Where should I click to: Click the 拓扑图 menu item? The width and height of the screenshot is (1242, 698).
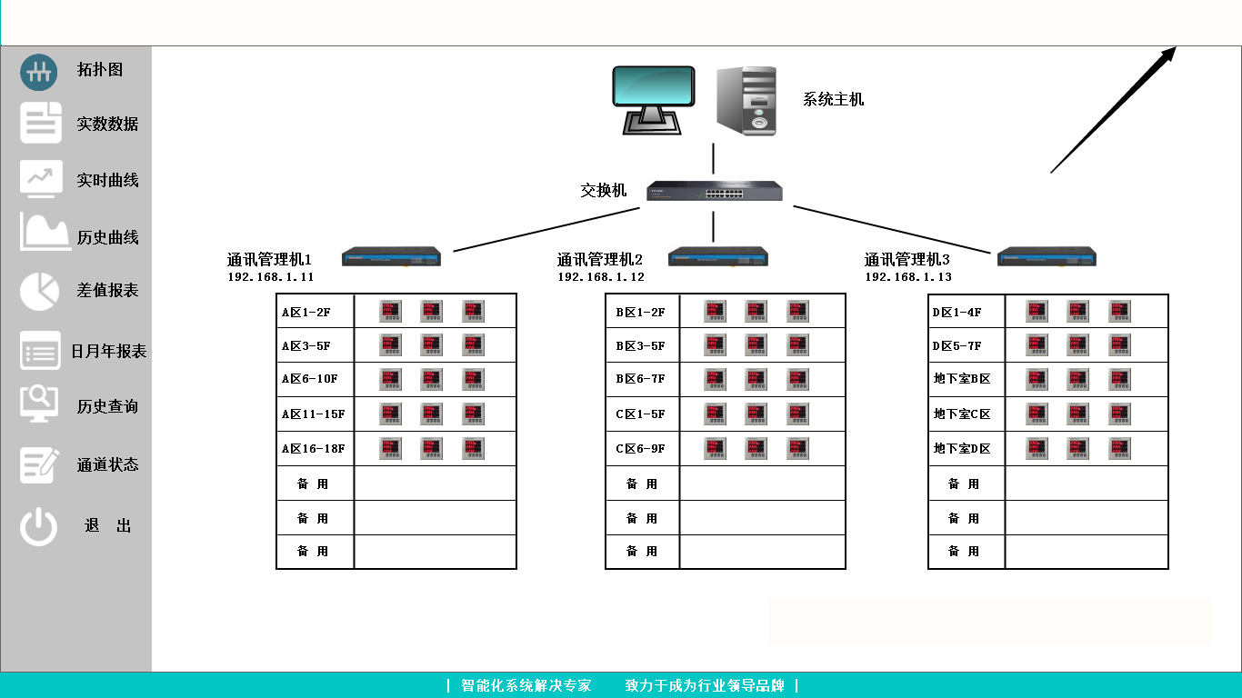tap(100, 70)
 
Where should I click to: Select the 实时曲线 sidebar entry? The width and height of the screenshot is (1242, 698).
tap(107, 180)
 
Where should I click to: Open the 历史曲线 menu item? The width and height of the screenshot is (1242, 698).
tap(107, 237)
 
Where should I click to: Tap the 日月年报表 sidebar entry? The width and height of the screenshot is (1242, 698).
tap(109, 351)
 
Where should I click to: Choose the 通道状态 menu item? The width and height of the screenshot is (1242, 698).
tap(107, 464)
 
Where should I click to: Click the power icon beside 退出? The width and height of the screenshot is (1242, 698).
tap(39, 526)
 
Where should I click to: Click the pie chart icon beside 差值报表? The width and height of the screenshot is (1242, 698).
tap(40, 291)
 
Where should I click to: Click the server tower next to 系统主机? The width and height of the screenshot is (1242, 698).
tap(746, 101)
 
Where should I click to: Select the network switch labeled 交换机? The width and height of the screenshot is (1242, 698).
tap(714, 191)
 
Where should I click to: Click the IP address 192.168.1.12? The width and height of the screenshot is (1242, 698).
tap(601, 277)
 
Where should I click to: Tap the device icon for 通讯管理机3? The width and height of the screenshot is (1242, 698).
tap(1047, 257)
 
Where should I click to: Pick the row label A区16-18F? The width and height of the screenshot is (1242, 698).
tap(313, 449)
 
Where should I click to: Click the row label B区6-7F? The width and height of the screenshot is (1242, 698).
tap(640, 380)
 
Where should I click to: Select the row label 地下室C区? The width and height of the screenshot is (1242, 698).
tap(962, 414)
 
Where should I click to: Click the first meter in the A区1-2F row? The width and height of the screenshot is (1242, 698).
tap(390, 312)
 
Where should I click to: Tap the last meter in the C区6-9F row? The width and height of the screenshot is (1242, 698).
tap(797, 449)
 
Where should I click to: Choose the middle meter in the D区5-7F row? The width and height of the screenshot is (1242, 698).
tap(1077, 345)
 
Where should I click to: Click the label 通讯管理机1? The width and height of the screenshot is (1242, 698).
tap(269, 260)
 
